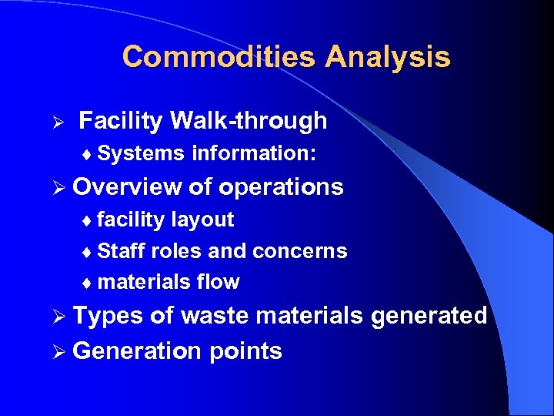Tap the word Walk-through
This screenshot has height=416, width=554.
(x=249, y=121)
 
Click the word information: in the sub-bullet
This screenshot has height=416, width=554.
(x=253, y=153)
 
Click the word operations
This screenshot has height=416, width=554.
(x=281, y=186)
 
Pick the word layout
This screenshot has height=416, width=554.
(x=202, y=220)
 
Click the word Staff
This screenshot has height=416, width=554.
(x=122, y=251)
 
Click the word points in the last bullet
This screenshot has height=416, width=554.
(x=245, y=351)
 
